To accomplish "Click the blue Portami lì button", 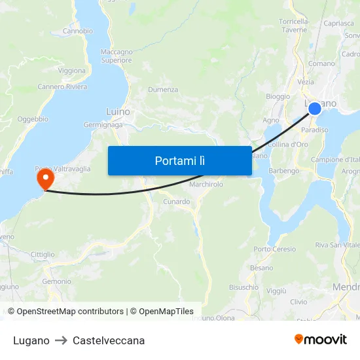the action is [179, 160].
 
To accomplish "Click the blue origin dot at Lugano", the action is [315, 108].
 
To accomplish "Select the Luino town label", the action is [118, 112].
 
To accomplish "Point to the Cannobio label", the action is [77, 31].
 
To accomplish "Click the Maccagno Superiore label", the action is [117, 56].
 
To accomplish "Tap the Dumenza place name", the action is [163, 90].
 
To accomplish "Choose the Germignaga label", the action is [103, 126].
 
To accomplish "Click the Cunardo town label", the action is [177, 202].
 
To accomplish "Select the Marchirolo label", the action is [206, 185].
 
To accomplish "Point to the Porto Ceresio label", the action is [275, 249].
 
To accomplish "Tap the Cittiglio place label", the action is [43, 254].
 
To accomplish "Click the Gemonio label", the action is [56, 281].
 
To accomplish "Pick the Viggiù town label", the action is [276, 290].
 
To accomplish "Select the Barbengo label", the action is [284, 171].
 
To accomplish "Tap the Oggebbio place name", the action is [33, 119].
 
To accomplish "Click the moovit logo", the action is [321, 339].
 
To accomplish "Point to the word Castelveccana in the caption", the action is [109, 340].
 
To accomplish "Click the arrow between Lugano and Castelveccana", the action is [61, 340].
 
